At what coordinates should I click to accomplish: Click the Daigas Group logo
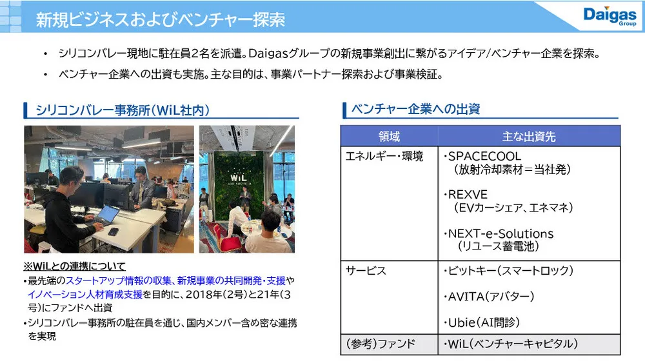click(x=610, y=16)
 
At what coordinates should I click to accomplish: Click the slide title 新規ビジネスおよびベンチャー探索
click(x=161, y=19)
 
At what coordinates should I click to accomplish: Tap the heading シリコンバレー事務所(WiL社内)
click(x=123, y=110)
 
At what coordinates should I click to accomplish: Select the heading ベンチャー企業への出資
click(x=415, y=109)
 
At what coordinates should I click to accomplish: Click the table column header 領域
click(x=389, y=137)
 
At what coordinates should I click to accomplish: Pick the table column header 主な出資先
click(x=529, y=137)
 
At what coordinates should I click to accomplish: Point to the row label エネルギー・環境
click(x=384, y=156)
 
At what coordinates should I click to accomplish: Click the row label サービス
click(x=366, y=271)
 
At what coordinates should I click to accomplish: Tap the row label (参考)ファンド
click(x=381, y=344)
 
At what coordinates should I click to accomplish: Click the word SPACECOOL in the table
click(x=484, y=156)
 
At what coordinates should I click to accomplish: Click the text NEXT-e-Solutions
click(x=501, y=233)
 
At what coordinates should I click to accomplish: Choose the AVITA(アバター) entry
click(x=491, y=297)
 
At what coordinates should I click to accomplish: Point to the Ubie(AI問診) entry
click(x=484, y=322)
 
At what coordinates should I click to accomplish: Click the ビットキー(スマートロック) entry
click(x=510, y=271)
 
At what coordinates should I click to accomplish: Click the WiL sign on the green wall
click(x=239, y=177)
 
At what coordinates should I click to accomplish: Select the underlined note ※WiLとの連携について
click(x=74, y=266)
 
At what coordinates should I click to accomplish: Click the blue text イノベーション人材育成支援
click(x=84, y=295)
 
